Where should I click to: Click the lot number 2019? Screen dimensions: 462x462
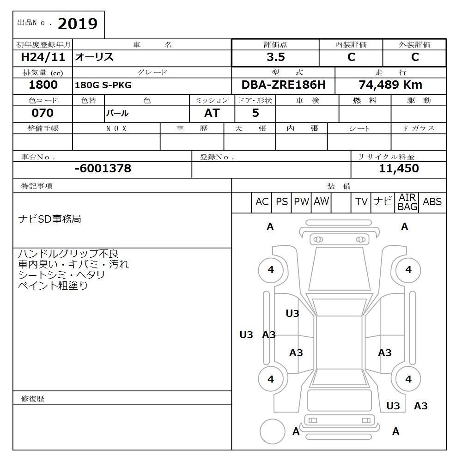pos(77,24)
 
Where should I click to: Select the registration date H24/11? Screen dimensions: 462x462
pos(43,57)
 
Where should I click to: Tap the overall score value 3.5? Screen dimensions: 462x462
pos(275,57)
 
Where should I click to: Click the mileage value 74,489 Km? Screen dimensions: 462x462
pos(390,85)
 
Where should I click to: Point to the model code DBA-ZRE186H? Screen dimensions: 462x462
pos(283,85)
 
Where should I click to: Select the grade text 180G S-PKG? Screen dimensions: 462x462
pos(103,85)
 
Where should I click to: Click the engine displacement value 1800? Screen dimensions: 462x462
pos(43,85)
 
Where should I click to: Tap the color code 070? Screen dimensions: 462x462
pos(43,113)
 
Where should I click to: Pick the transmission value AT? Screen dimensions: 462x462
pos(212,113)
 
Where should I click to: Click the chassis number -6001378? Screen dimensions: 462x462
pos(103,169)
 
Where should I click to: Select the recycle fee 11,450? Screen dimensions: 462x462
pos(399,169)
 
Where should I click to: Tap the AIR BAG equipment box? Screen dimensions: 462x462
pos(407,202)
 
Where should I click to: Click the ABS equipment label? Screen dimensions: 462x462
pos(432,202)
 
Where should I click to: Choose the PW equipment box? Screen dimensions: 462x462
pos(302,202)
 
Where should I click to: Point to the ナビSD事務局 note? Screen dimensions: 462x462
pos(49,219)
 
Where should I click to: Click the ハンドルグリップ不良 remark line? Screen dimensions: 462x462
pos(68,254)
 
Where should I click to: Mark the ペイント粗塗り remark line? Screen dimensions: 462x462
pos(53,286)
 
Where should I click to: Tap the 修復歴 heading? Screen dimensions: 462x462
pos(33,398)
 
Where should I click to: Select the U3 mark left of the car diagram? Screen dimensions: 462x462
pos(246,335)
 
